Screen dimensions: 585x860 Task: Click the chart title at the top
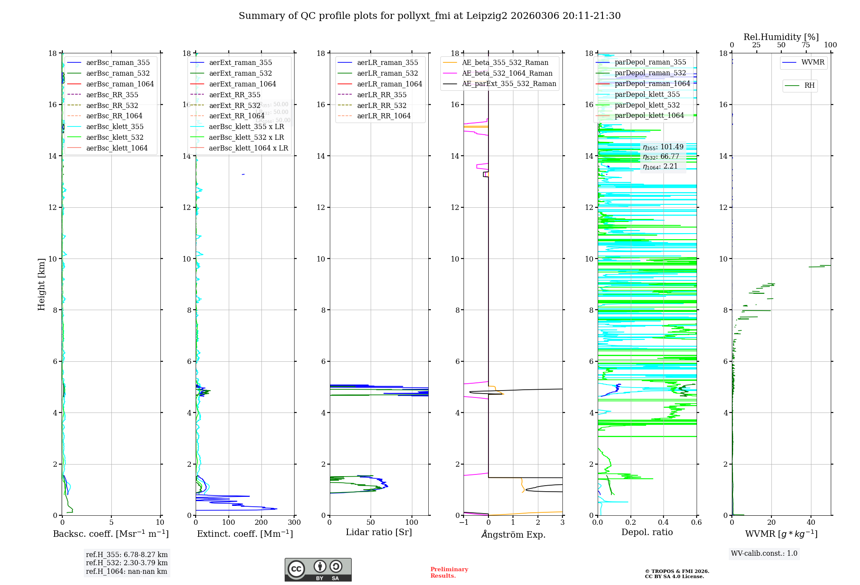click(430, 16)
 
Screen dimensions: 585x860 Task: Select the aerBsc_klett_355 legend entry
click(114, 126)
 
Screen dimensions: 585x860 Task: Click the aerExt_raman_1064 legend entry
click(243, 84)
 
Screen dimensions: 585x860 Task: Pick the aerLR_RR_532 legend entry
click(381, 105)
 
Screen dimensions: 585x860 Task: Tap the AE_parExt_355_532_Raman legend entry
click(509, 83)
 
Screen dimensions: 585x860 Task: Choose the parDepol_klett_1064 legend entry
click(649, 115)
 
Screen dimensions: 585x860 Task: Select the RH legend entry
click(809, 86)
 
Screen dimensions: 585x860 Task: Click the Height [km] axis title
click(41, 284)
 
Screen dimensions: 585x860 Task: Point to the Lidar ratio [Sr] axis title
click(379, 532)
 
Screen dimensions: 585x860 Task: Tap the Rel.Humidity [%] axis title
click(781, 37)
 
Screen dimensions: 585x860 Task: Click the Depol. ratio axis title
click(647, 532)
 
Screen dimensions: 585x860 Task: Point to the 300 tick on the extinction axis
click(294, 523)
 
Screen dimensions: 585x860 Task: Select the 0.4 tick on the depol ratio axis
click(663, 523)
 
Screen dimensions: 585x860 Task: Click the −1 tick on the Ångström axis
click(464, 523)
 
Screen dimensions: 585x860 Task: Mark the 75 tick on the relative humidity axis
click(805, 45)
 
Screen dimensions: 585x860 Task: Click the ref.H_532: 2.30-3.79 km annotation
click(126, 563)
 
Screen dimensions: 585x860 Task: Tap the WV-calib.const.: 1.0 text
click(764, 554)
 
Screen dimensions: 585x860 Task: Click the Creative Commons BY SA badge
click(318, 570)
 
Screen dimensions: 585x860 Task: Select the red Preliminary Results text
click(449, 573)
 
